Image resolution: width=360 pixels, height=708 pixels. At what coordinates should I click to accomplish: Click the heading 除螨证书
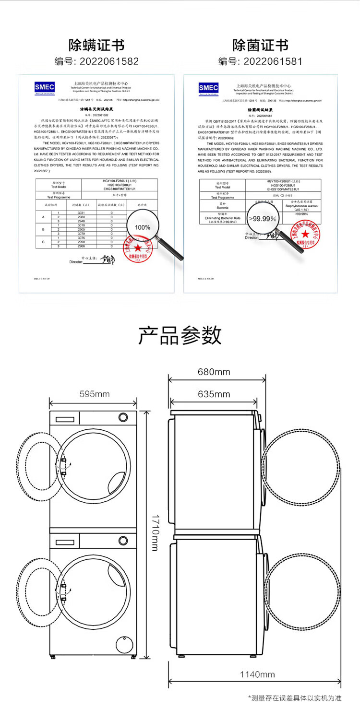pos(97,46)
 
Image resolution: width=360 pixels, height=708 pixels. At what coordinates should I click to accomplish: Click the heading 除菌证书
pos(261,46)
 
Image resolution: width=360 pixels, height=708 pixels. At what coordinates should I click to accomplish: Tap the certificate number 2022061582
pos(97,61)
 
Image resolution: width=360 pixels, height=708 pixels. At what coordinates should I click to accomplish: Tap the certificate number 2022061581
pos(261,61)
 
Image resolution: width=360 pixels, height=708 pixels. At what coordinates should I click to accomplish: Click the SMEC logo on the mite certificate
pos(45,88)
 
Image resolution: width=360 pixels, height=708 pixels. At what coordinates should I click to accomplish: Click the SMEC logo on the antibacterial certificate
pos(208,88)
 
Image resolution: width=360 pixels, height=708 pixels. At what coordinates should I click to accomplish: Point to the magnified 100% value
pos(142,227)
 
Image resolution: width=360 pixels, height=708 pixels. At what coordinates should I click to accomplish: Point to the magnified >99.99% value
pos(262,219)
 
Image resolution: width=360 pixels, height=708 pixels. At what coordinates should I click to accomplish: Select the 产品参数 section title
pos(180,335)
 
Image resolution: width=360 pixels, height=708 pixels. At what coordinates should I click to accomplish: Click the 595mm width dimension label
pos(95,394)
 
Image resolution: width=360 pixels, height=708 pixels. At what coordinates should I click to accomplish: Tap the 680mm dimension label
pos(214,372)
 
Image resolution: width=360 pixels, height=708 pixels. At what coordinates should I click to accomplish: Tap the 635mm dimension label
pos(214,394)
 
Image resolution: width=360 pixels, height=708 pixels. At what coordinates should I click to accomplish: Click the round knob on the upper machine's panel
pos(123,417)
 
